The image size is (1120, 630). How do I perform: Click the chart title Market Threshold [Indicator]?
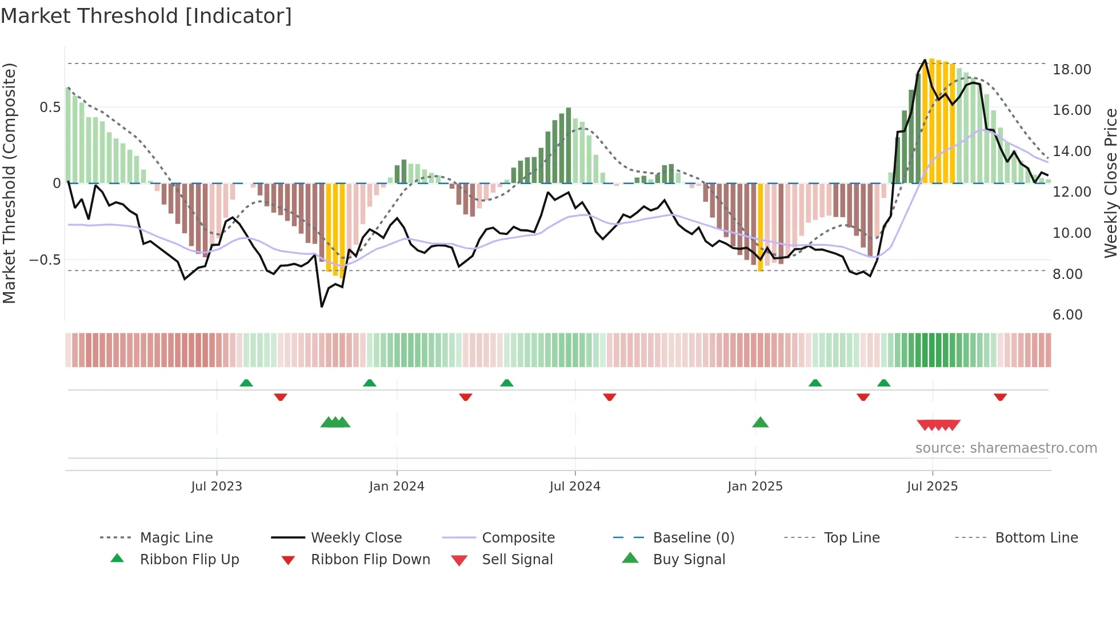(x=146, y=16)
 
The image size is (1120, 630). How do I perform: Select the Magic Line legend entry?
(x=176, y=538)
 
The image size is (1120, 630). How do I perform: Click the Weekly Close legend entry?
(x=356, y=538)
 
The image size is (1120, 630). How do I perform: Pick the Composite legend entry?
(x=518, y=538)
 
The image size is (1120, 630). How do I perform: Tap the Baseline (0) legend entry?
(x=693, y=538)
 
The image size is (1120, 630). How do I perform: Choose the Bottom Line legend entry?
(x=1036, y=538)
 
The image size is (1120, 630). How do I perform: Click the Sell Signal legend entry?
(x=517, y=560)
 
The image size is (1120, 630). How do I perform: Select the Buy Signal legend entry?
(x=689, y=560)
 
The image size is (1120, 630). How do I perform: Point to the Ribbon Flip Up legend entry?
(x=189, y=560)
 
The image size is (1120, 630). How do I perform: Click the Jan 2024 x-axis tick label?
(x=397, y=487)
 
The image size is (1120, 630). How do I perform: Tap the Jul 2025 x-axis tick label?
(x=932, y=487)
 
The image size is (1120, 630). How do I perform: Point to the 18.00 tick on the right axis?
(x=1071, y=70)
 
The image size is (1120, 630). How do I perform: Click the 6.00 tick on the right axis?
(x=1067, y=315)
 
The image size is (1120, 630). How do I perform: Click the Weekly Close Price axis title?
(x=1110, y=183)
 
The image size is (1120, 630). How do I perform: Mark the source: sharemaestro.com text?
(x=1006, y=448)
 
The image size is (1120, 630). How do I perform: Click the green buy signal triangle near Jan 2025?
(x=760, y=422)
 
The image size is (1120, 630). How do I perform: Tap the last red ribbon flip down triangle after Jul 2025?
(x=1000, y=397)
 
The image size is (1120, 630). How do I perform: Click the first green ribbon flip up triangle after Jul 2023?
(x=246, y=382)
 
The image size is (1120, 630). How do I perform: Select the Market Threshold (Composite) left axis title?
(x=9, y=183)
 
